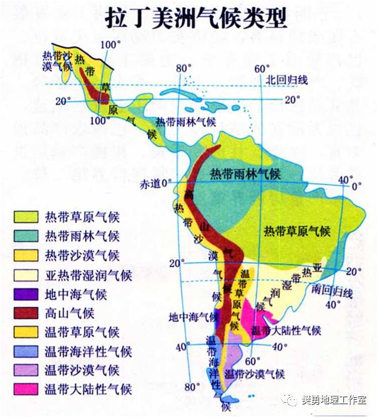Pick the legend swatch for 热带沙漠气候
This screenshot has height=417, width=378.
pyautogui.click(x=25, y=254)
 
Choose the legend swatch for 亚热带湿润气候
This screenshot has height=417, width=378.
pyautogui.click(x=25, y=274)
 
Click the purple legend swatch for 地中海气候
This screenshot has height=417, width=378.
pyautogui.click(x=25, y=293)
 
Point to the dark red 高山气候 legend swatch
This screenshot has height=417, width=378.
pyautogui.click(x=25, y=313)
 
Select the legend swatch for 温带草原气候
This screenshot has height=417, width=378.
pyautogui.click(x=25, y=332)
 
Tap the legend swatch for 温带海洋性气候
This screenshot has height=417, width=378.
pyautogui.click(x=25, y=351)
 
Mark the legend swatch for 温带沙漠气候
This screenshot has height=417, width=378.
pyautogui.click(x=25, y=370)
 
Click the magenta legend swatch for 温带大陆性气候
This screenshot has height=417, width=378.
pyautogui.click(x=25, y=389)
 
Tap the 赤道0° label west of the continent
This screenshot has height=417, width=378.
pyautogui.click(x=156, y=183)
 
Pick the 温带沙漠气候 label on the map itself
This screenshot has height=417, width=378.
pyautogui.click(x=254, y=374)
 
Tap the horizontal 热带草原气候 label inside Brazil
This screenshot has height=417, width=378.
pyautogui.click(x=297, y=231)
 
